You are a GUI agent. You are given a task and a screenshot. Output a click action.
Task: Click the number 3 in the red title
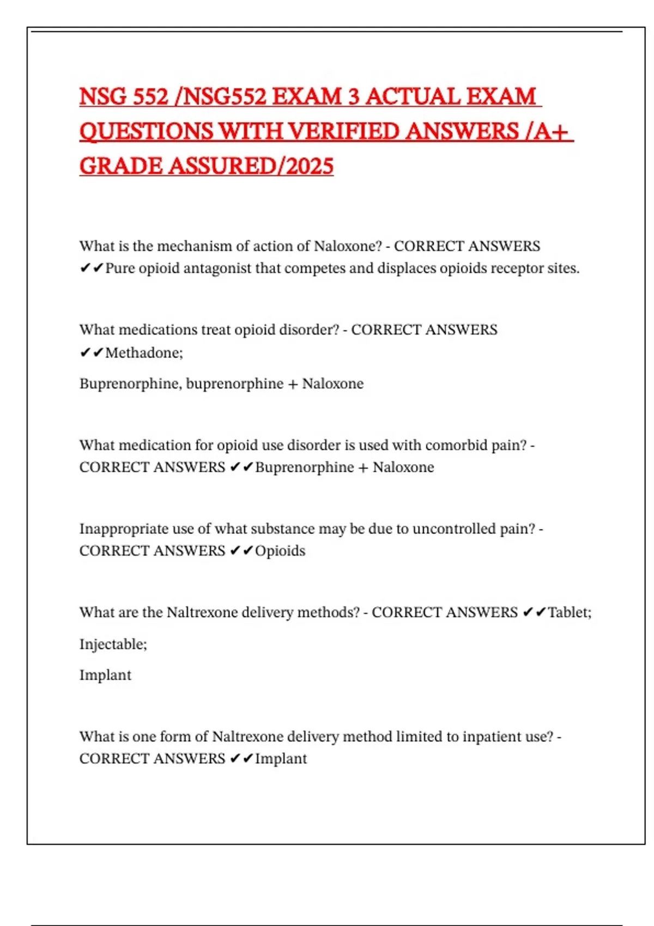pyautogui.click(x=353, y=97)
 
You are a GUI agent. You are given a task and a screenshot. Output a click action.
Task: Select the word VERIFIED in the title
pyautogui.click(x=343, y=131)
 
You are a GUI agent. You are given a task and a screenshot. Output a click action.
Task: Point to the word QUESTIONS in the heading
pyautogui.click(x=146, y=131)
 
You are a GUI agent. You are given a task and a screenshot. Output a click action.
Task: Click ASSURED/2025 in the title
pyautogui.click(x=251, y=166)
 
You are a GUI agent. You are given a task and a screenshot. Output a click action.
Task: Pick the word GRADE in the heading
pyautogui.click(x=120, y=166)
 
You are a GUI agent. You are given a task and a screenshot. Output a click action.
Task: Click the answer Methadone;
pyautogui.click(x=144, y=353)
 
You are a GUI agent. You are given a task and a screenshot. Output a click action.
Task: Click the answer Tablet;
pyautogui.click(x=569, y=612)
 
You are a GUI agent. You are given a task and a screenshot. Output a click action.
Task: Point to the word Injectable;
pyautogui.click(x=113, y=644)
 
